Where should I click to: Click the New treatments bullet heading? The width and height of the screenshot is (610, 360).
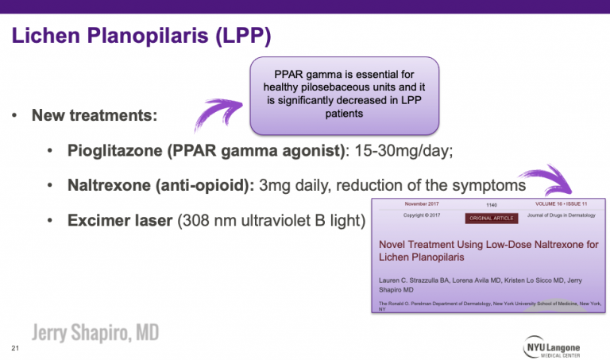[94, 115]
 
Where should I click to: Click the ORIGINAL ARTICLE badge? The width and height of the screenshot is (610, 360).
[491, 217]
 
